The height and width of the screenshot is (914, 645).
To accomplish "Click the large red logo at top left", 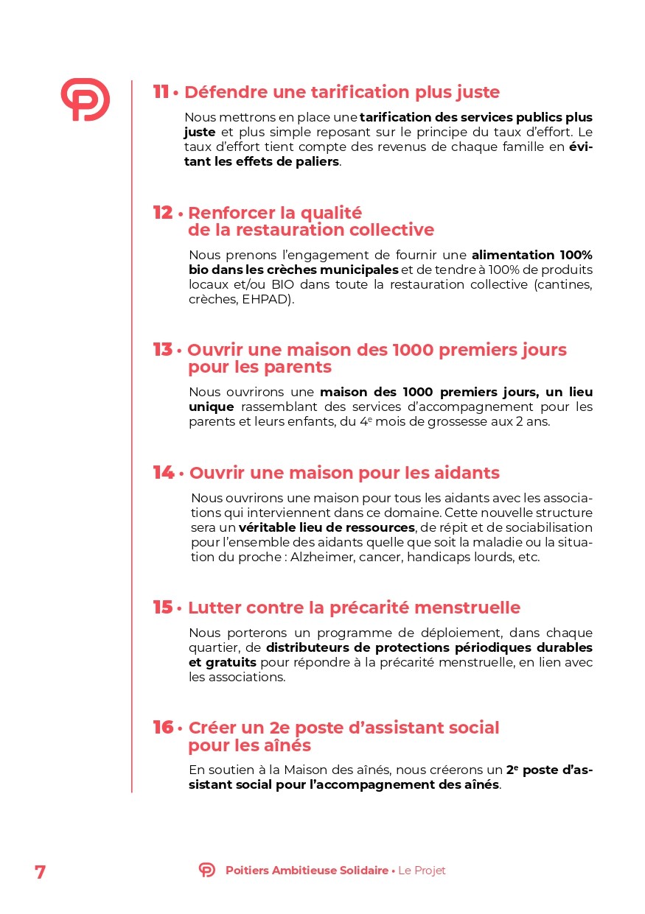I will (x=85, y=99).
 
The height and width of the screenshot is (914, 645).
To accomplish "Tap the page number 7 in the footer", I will (x=40, y=871).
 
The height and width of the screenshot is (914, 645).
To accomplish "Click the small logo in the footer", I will (x=207, y=871).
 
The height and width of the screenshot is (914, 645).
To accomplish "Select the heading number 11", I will (x=161, y=92).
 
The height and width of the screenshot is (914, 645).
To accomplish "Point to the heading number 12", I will (x=163, y=213).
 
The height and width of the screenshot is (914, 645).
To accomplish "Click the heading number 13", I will (x=162, y=350).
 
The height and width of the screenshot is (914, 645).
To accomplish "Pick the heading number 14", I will (x=164, y=472).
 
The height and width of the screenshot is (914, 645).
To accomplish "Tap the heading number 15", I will (x=163, y=608).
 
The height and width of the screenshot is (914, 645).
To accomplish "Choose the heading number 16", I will (x=163, y=728).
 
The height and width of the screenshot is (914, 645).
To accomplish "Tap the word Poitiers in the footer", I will (x=248, y=871).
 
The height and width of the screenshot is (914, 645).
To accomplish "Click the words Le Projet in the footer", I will (x=422, y=871).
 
